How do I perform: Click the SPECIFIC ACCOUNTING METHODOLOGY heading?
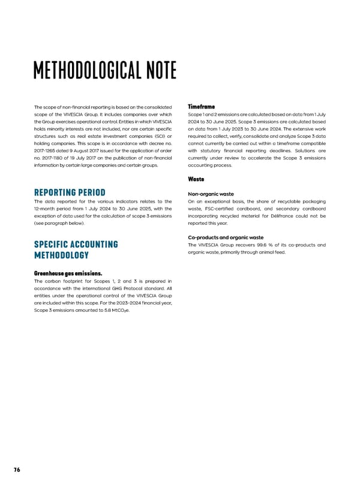click(76, 250)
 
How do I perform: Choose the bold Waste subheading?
click(196, 179)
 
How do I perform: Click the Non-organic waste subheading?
click(211, 194)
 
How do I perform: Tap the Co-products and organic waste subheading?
click(226, 237)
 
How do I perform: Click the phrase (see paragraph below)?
click(56, 223)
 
